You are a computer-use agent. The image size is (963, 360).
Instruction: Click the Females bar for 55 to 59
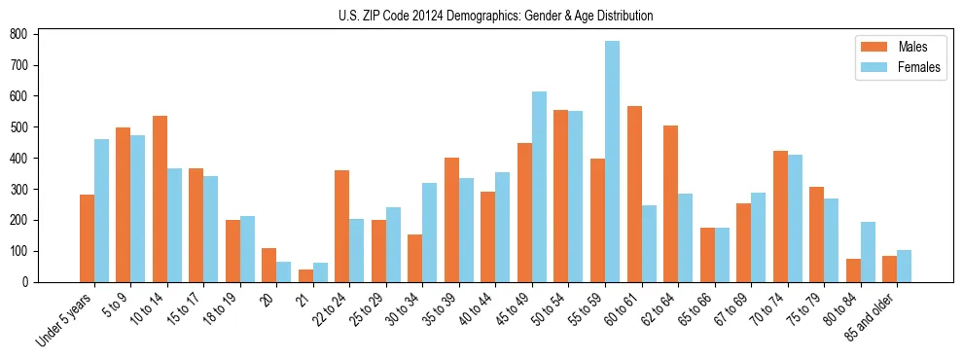(x=613, y=162)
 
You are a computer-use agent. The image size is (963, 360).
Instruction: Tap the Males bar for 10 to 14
(x=160, y=198)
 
